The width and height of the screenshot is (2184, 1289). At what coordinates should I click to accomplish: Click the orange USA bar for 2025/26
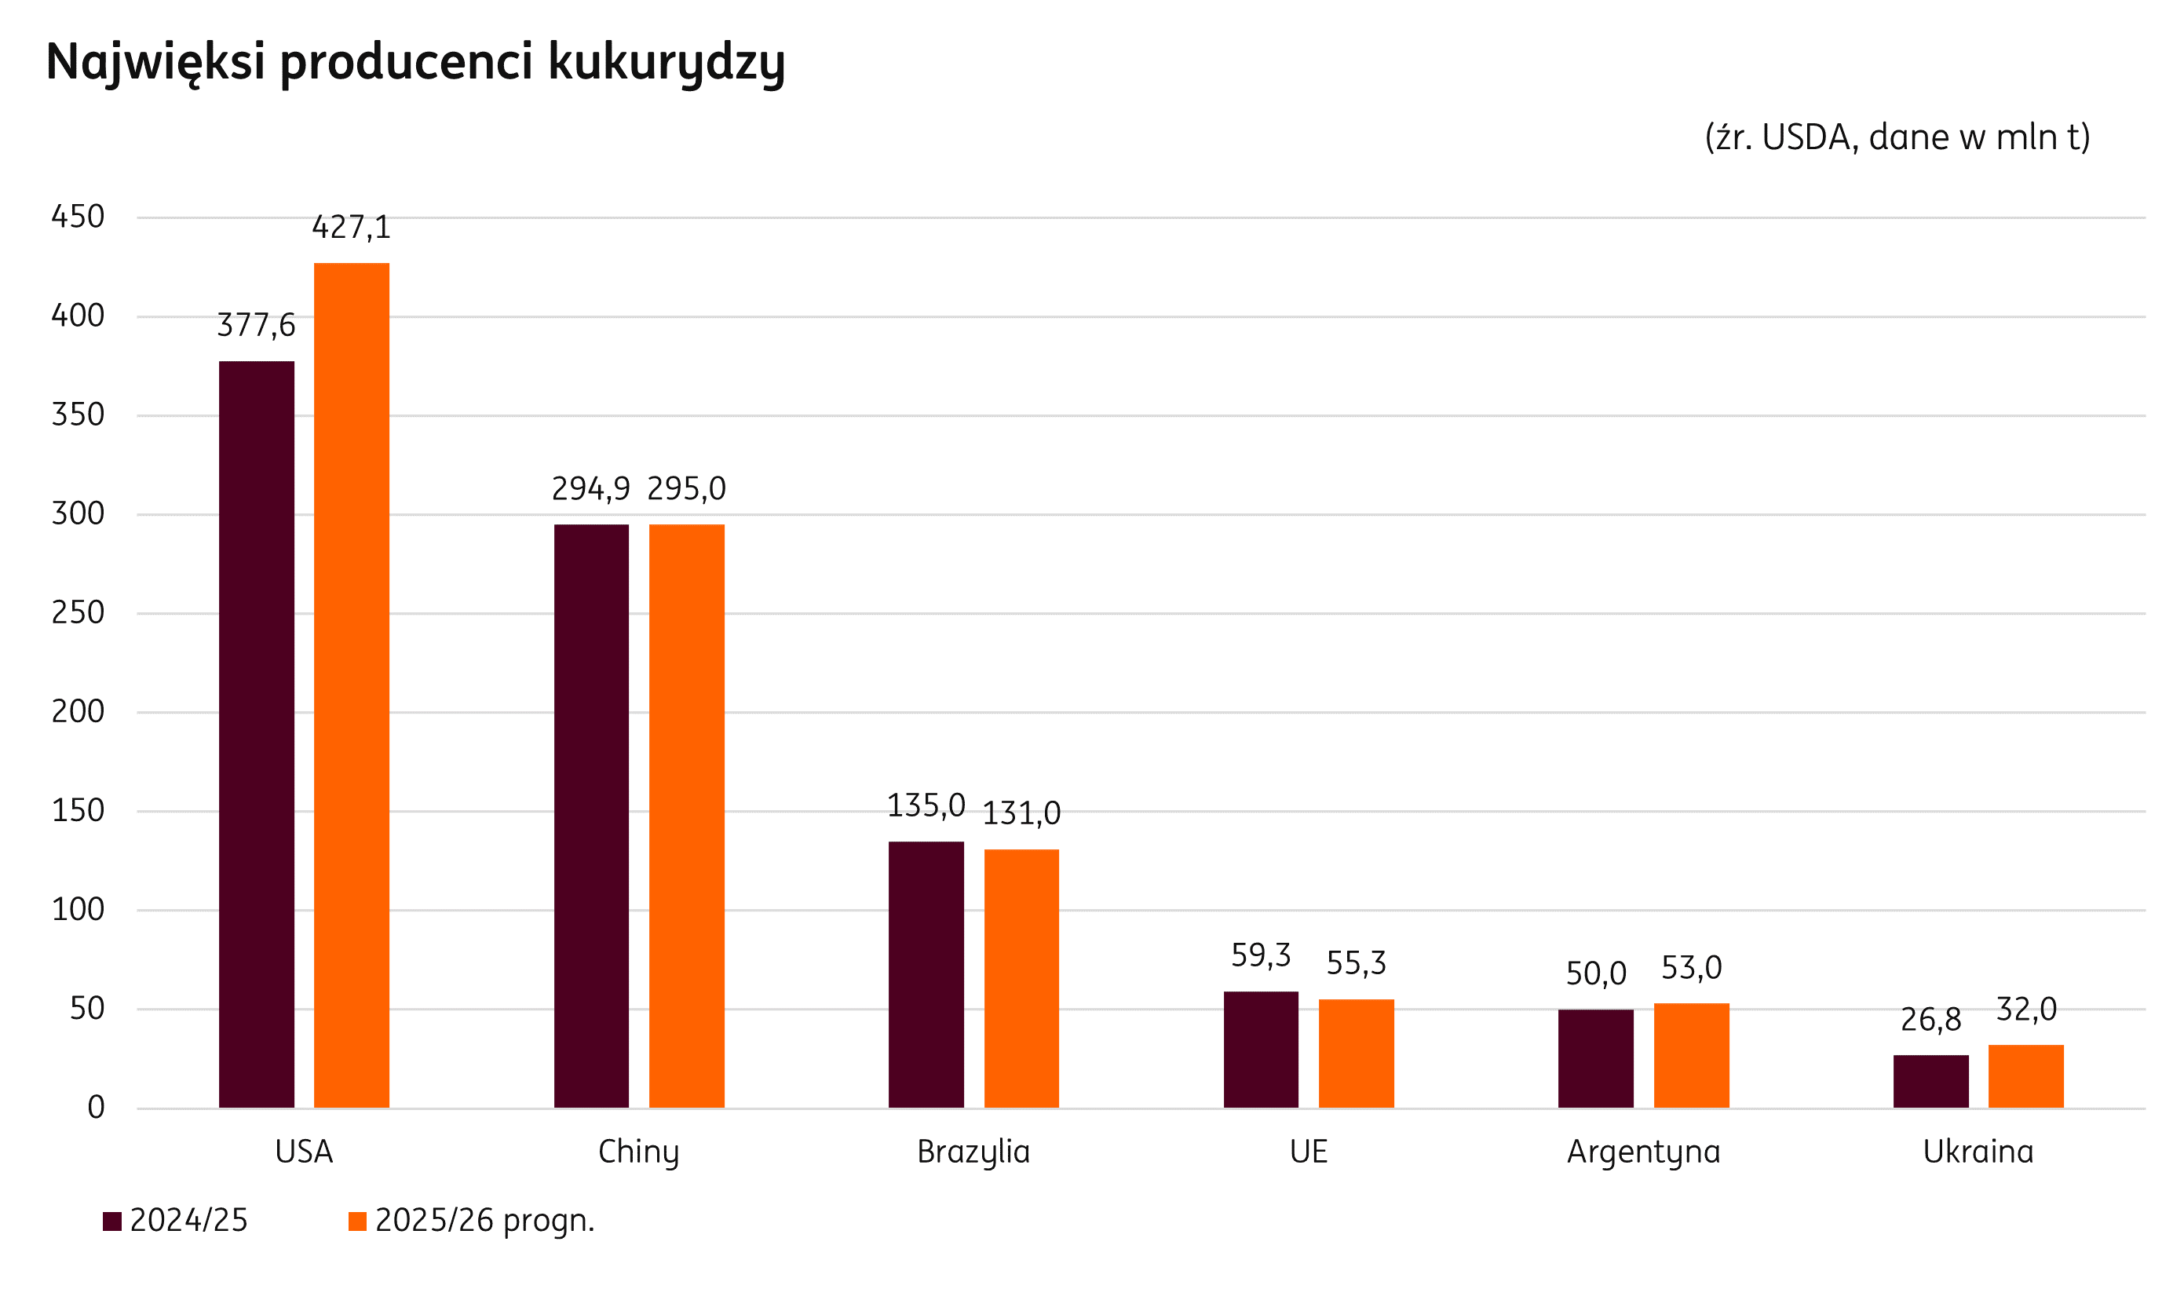pos(352,686)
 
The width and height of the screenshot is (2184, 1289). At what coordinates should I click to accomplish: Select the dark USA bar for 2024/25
pos(256,735)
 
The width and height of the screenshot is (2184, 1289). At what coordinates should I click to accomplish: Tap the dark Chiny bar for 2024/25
pos(591,816)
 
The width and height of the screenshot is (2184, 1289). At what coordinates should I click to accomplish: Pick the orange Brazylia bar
pos(1021,979)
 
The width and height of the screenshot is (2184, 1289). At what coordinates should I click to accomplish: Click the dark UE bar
pos(1261,1050)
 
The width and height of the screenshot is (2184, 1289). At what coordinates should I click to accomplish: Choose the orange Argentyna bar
pos(1692,1056)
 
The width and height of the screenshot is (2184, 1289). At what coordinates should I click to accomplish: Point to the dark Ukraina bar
pos(1931,1083)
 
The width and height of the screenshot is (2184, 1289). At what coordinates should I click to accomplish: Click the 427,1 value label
pos(352,228)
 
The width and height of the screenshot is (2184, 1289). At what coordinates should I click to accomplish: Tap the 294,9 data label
pos(591,489)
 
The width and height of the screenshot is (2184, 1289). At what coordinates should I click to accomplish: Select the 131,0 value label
pos(1021,814)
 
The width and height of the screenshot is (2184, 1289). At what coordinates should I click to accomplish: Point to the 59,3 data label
pos(1261,955)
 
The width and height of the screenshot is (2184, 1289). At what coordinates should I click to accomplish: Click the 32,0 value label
pos(2027,1010)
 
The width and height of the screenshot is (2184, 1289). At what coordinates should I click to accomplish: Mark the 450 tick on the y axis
pos(79,217)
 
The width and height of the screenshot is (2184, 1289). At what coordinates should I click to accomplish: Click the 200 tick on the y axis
pos(79,711)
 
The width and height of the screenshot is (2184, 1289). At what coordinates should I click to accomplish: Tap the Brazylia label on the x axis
pos(973,1152)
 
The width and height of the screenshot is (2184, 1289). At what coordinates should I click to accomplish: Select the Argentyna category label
pos(1644,1152)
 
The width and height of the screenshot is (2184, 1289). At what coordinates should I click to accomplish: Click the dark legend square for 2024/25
pos(112,1221)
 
